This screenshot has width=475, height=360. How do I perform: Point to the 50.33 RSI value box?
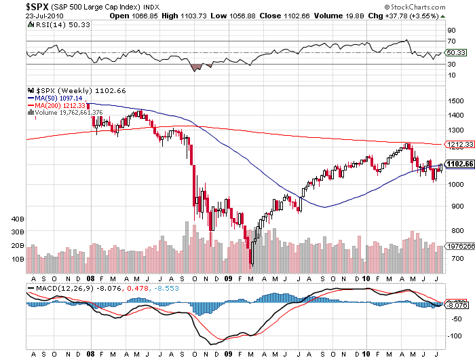tap(454, 52)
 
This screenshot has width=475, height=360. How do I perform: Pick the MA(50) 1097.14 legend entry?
tap(54, 98)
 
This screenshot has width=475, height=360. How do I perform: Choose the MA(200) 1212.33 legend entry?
tap(56, 105)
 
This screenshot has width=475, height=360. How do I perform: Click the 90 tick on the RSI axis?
tap(450, 31)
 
